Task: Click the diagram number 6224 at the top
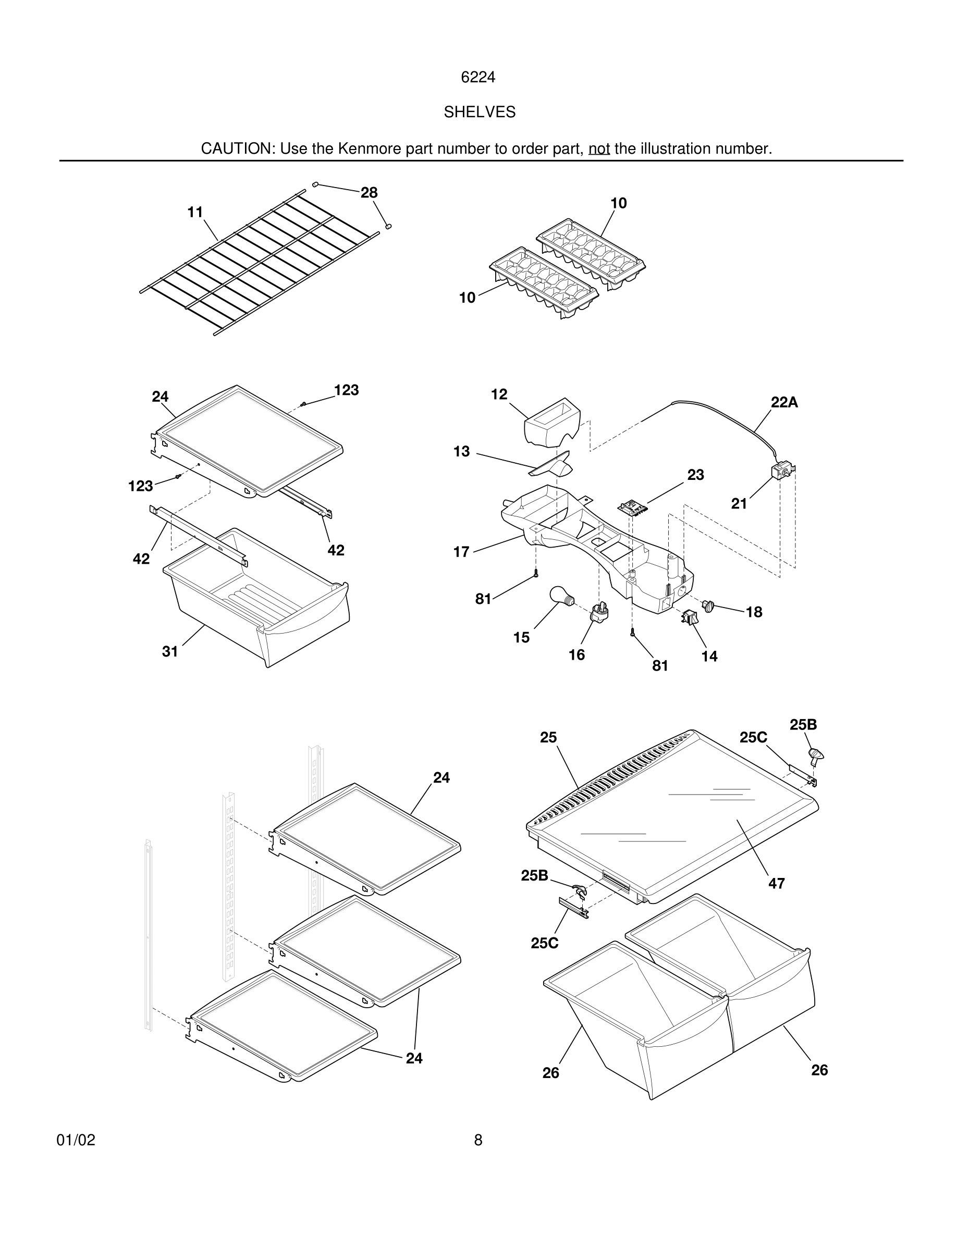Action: (478, 77)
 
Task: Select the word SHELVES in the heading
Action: (479, 112)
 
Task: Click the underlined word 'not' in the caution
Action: (599, 148)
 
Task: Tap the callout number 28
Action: (369, 193)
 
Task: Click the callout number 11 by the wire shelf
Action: (195, 212)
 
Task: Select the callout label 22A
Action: (784, 402)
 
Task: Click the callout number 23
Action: (696, 475)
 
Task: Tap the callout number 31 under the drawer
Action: (170, 652)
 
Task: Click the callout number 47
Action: (776, 883)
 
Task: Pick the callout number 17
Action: (461, 552)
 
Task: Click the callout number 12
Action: (499, 394)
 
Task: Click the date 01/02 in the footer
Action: (76, 1140)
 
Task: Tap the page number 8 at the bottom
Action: (478, 1140)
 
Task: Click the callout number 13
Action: (461, 451)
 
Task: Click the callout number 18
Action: (754, 612)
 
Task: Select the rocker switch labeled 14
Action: (690, 617)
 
